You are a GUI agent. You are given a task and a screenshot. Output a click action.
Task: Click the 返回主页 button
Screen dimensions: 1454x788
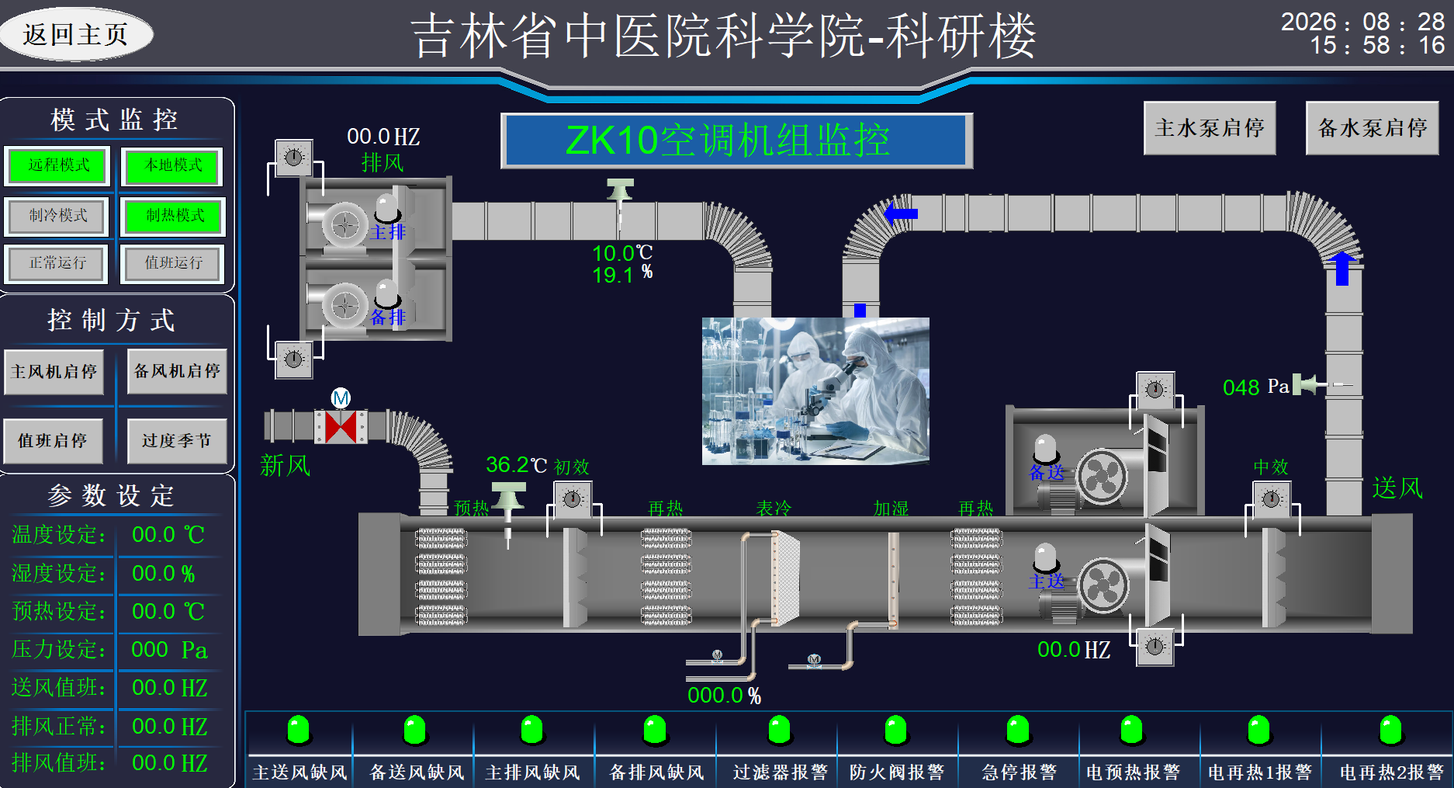click(76, 34)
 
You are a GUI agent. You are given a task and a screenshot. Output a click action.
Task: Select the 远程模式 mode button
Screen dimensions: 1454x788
click(58, 166)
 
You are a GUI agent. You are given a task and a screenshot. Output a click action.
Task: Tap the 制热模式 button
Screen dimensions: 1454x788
click(174, 216)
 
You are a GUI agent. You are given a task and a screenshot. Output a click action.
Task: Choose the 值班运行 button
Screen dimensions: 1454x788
click(173, 263)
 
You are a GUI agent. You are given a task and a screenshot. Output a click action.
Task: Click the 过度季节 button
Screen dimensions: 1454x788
click(177, 441)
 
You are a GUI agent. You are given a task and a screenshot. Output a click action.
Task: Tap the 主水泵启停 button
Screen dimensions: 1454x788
click(1210, 128)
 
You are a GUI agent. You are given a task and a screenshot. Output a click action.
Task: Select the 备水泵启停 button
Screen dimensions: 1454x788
click(1372, 128)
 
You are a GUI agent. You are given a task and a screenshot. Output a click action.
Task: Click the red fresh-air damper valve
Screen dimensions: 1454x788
click(341, 427)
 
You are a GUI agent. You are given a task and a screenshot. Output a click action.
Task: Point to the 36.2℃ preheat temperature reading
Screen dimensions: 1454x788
click(517, 464)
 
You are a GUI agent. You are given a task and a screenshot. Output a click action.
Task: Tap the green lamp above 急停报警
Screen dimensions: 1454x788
click(1018, 730)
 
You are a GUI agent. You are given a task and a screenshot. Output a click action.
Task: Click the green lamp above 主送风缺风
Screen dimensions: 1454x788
click(299, 730)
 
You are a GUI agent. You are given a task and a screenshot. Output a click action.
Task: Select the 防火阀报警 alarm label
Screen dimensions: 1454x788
click(897, 772)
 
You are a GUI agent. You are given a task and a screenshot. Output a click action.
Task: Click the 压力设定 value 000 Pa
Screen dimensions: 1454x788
click(169, 650)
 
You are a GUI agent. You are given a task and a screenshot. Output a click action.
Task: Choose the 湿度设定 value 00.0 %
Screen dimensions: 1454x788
click(164, 574)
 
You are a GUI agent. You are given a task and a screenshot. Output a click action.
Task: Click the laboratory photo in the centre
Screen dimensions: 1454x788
click(815, 391)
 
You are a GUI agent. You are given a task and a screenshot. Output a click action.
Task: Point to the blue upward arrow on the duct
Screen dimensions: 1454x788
click(1342, 268)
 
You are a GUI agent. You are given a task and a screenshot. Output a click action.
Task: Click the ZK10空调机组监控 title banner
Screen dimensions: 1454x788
click(736, 141)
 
